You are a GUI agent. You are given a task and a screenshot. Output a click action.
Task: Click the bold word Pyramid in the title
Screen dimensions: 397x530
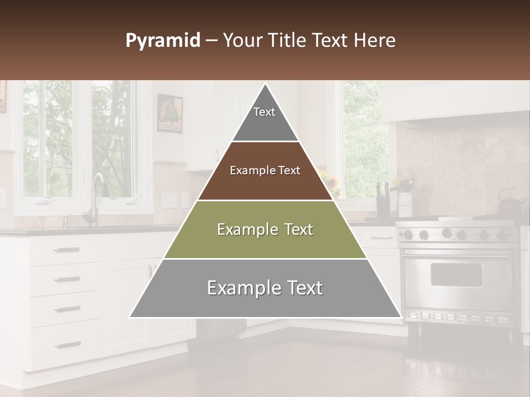(x=163, y=40)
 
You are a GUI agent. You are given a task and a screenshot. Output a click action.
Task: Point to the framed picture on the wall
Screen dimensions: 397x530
(x=169, y=113)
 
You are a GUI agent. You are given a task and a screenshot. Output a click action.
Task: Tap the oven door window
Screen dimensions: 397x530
(x=456, y=274)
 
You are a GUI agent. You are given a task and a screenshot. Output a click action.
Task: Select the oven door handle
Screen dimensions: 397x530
(x=456, y=255)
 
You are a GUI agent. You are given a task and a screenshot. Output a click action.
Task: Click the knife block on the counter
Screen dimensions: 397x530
(x=382, y=201)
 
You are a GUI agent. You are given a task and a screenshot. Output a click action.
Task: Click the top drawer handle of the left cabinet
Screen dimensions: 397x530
(x=67, y=250)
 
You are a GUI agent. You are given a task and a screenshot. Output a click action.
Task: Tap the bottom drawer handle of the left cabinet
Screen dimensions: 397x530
(x=67, y=345)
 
